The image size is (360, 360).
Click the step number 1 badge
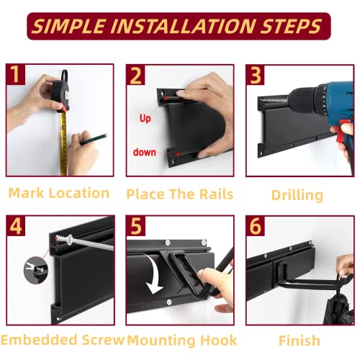pyautogui.click(x=15, y=74)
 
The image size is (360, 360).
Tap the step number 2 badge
pyautogui.click(x=135, y=75)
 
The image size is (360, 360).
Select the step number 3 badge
pyautogui.click(x=256, y=75)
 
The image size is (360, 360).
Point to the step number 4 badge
pyautogui.click(x=16, y=225)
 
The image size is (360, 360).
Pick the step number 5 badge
pyautogui.click(x=136, y=226)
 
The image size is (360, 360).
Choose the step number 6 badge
pyautogui.click(x=256, y=226)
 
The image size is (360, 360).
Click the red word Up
pyautogui.click(x=145, y=119)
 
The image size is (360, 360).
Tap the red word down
pyautogui.click(x=145, y=153)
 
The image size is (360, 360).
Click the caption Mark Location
pyautogui.click(x=59, y=193)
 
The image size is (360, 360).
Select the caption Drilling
pyautogui.click(x=297, y=195)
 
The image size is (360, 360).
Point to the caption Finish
pyautogui.click(x=300, y=341)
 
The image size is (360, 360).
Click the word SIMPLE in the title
pyautogui.click(x=68, y=26)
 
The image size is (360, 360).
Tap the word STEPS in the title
pyautogui.click(x=291, y=26)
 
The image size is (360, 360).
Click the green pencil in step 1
pyautogui.click(x=94, y=140)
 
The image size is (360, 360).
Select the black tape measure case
pyautogui.click(x=60, y=94)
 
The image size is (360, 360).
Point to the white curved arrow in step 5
pyautogui.click(x=153, y=274)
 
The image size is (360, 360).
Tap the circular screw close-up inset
pyautogui.click(x=36, y=270)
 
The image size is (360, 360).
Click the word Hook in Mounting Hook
pyautogui.click(x=218, y=340)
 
